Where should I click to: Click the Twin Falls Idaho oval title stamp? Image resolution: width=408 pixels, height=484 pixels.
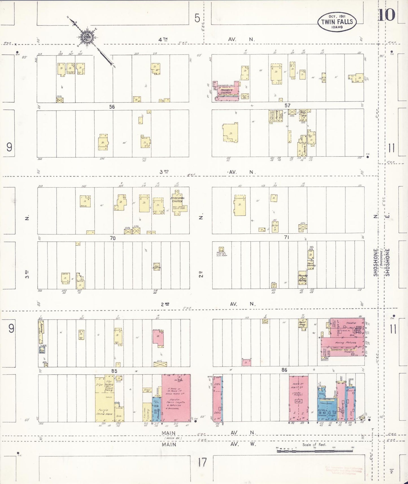[x=337, y=22]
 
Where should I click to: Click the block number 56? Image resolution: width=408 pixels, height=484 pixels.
[x=112, y=107]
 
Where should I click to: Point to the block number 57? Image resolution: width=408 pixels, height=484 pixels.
[x=287, y=106]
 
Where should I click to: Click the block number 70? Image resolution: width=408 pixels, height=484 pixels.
[x=113, y=238]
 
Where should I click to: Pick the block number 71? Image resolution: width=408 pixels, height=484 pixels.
[x=287, y=237]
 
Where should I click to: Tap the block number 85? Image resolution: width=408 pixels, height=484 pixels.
[x=114, y=371]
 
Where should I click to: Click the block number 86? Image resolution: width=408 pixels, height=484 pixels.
[x=284, y=370]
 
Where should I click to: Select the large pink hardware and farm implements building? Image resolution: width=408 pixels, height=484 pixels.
[x=176, y=398]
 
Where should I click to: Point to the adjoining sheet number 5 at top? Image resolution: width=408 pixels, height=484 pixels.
[x=197, y=18]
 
